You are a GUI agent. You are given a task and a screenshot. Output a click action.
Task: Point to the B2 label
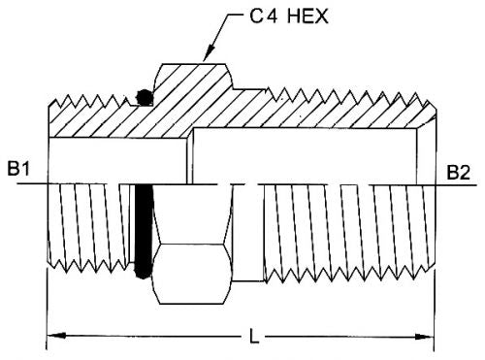460,172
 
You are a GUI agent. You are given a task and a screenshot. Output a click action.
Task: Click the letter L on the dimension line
253,339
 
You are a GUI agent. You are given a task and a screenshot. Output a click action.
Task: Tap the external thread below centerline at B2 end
339,233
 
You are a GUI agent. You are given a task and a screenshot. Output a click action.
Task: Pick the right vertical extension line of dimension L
435,311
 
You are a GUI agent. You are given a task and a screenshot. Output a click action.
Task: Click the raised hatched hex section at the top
189,82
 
